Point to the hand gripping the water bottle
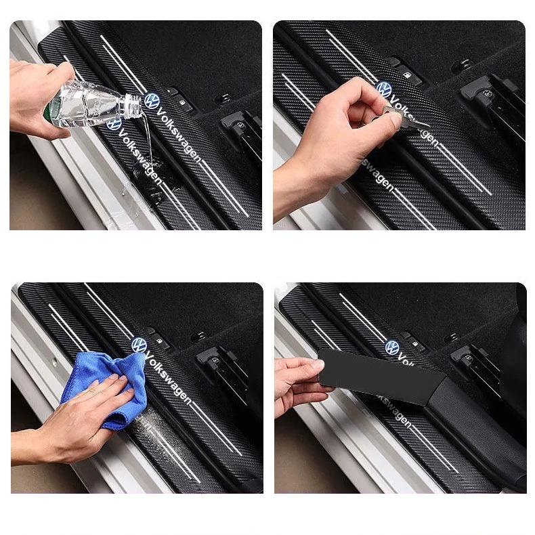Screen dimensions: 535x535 (x=34, y=95)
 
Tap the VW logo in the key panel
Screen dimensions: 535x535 (x=384, y=89)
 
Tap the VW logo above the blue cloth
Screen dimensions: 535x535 (x=139, y=345)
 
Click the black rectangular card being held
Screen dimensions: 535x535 (x=379, y=372)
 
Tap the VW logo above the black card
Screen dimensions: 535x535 (x=393, y=347)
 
